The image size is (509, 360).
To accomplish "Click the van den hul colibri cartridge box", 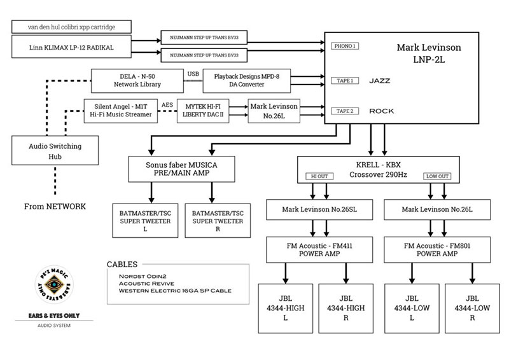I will click(x=71, y=27).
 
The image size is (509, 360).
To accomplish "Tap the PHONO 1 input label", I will click(x=344, y=46).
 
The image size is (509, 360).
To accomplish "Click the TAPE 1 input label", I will click(x=344, y=81).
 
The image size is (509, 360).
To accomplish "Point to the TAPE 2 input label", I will click(x=344, y=111).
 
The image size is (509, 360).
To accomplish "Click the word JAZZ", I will click(x=380, y=81).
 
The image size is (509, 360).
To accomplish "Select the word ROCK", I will click(x=381, y=111).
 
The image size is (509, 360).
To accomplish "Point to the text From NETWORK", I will click(x=55, y=207).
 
